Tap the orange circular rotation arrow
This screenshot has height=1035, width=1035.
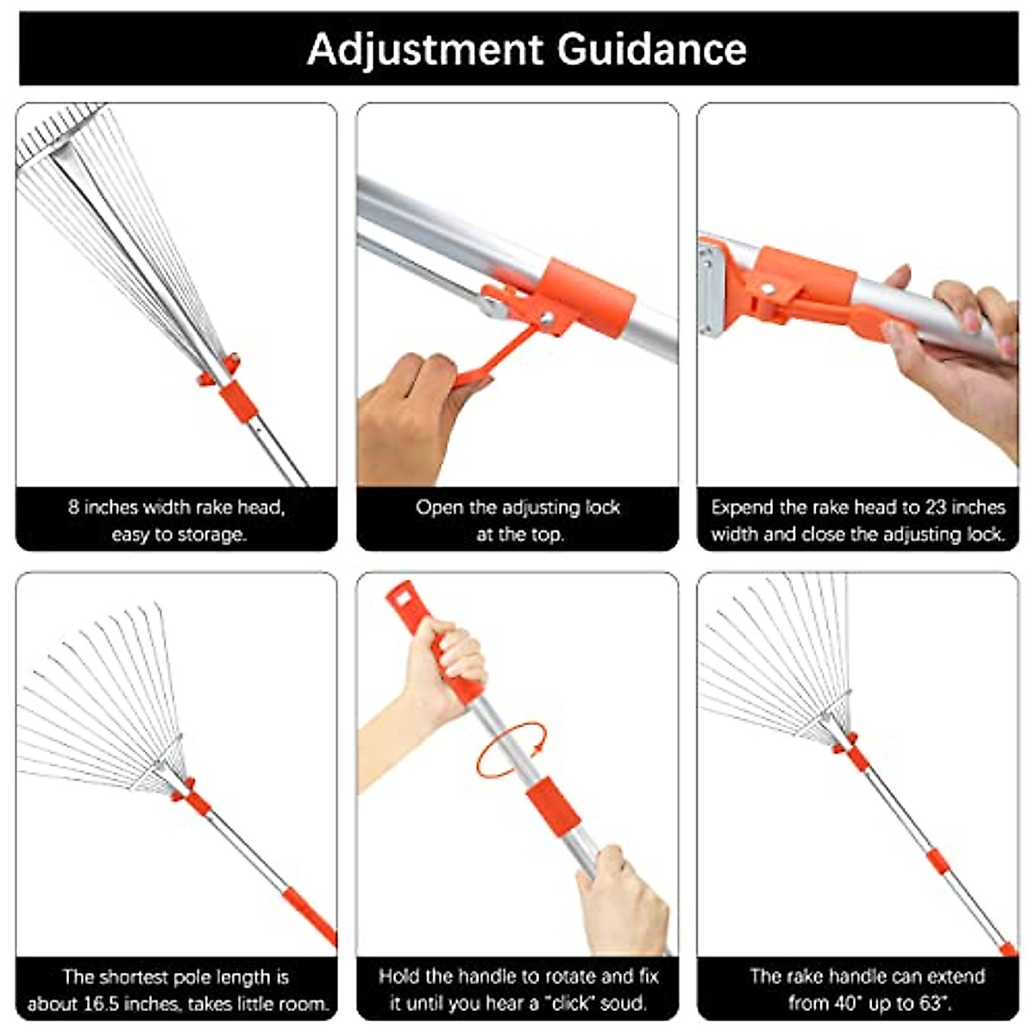tap(511, 752)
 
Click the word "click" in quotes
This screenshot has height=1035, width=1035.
tap(573, 1004)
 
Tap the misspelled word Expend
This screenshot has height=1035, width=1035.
tap(740, 507)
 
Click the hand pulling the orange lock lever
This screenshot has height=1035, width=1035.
tap(410, 414)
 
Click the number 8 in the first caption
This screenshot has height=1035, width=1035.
tap(73, 507)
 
